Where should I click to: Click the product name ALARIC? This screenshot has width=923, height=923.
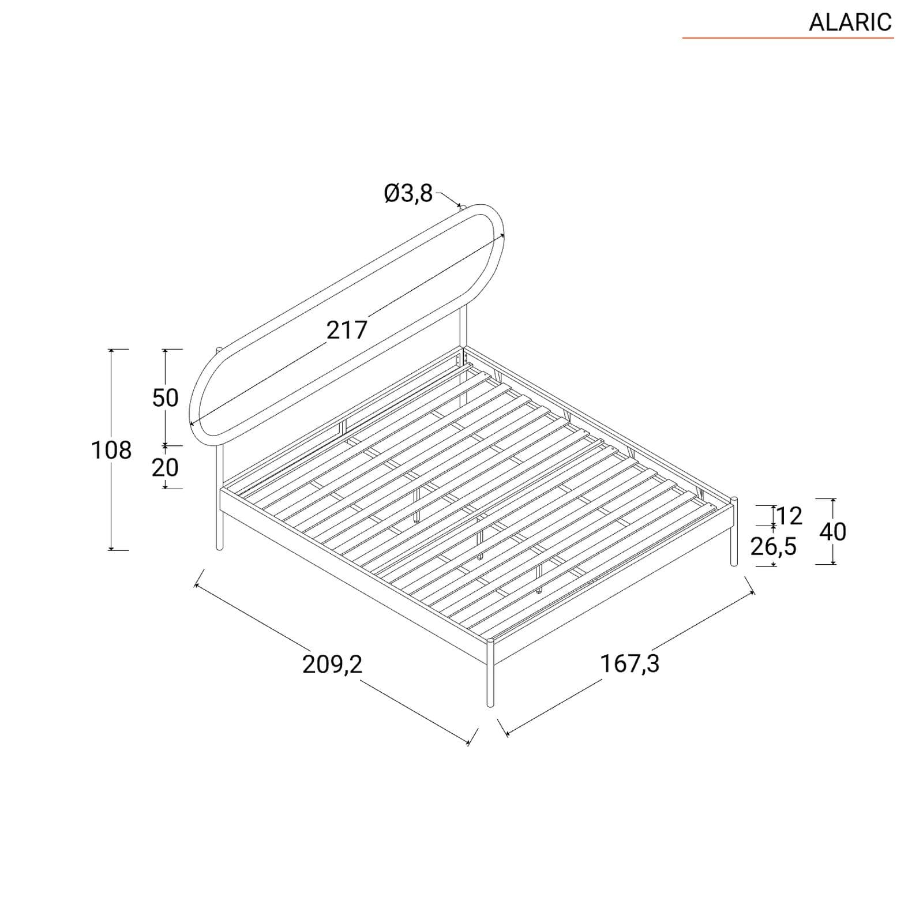point(850,22)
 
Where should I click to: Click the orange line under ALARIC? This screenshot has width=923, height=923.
point(788,38)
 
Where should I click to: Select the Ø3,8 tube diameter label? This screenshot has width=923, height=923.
point(408,194)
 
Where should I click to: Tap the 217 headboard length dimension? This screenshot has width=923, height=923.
point(347,330)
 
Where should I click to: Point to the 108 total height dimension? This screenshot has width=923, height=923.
point(111,450)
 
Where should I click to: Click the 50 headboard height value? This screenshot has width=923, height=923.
point(166,397)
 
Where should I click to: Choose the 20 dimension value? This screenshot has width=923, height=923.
point(166,467)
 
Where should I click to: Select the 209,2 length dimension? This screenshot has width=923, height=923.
point(332,665)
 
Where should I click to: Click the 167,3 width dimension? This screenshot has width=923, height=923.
point(630,663)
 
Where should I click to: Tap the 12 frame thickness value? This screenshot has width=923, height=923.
point(789,516)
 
